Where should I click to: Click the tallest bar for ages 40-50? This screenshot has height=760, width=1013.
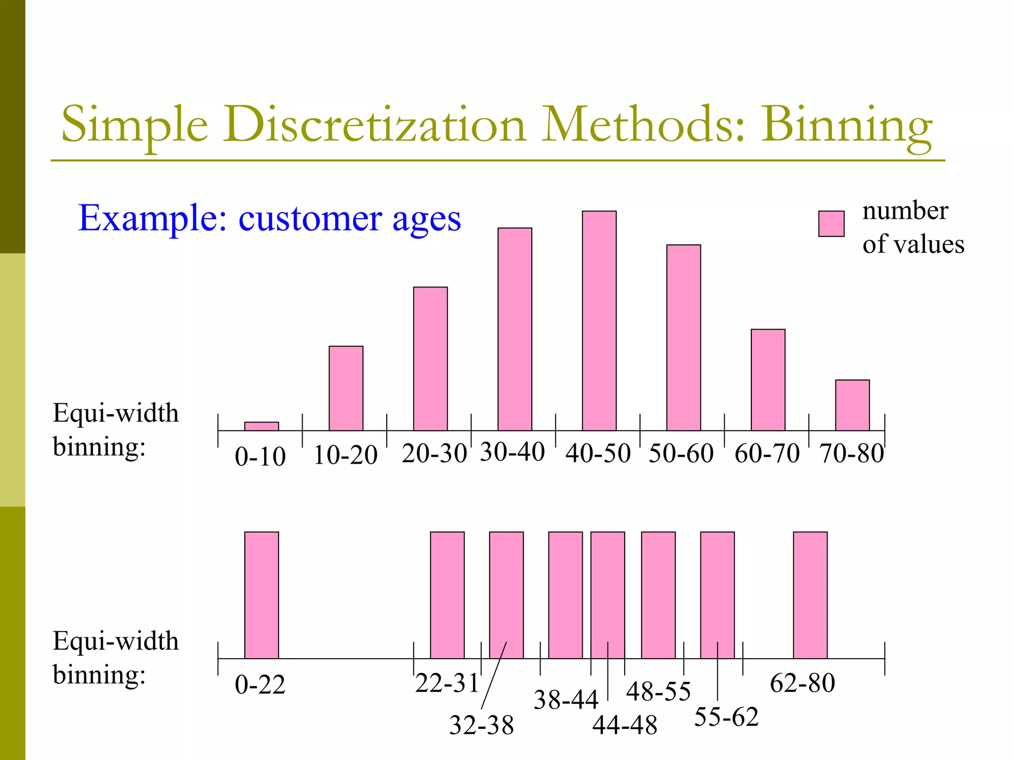(x=599, y=321)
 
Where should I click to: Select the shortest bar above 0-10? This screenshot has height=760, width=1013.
(x=262, y=426)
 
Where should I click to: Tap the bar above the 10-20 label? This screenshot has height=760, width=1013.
(x=346, y=388)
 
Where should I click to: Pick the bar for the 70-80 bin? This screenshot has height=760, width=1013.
(x=852, y=405)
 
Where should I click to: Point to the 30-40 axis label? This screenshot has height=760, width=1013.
(x=512, y=452)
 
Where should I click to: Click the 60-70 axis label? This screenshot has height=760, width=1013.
(x=767, y=453)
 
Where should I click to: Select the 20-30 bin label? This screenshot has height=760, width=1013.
(x=434, y=453)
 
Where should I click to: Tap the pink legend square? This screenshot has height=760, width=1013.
(x=831, y=224)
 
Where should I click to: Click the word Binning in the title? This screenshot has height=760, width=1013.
(x=846, y=125)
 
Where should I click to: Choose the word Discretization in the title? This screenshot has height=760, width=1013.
(x=374, y=125)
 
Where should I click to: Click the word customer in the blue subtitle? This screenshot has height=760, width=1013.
(x=310, y=218)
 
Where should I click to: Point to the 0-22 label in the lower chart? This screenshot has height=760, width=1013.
(x=260, y=685)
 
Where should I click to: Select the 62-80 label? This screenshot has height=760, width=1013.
(x=802, y=683)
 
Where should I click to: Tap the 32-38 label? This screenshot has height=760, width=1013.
(x=481, y=725)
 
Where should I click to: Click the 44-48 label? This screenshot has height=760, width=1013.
(x=625, y=725)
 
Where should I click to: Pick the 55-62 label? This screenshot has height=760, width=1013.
(x=726, y=717)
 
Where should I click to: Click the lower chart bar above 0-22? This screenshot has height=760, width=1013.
(x=262, y=595)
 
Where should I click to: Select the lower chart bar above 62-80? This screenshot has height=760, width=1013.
(x=810, y=595)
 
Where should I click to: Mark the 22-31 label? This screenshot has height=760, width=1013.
(x=447, y=683)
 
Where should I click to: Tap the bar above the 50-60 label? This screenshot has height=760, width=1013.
(x=684, y=337)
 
